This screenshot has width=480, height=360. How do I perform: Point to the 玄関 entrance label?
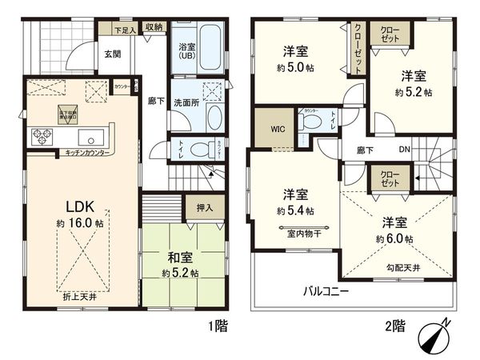110,54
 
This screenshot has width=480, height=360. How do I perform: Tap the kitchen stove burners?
40,137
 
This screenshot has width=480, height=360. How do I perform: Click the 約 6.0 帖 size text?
397,239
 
